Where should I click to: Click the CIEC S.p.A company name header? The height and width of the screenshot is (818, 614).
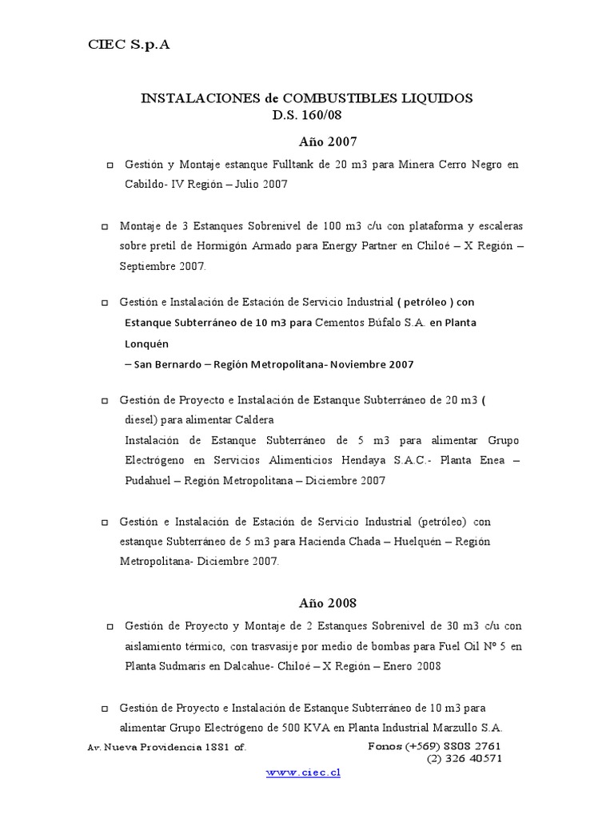point(129,46)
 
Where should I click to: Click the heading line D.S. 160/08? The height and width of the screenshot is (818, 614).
point(306,114)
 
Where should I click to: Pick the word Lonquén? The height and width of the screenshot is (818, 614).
point(147,343)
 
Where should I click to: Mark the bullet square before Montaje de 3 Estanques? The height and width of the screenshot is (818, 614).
point(105,227)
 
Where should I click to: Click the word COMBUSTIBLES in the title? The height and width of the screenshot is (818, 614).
point(316,97)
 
